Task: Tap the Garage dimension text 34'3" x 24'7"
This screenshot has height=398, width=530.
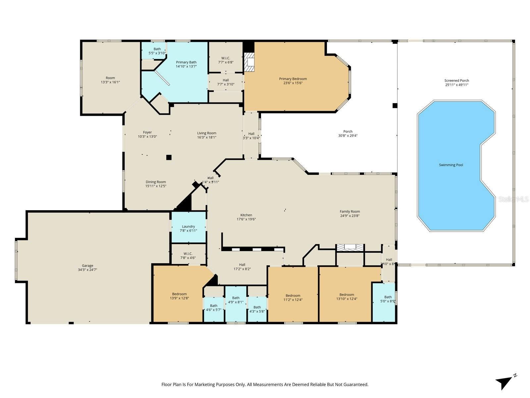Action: click(x=87, y=270)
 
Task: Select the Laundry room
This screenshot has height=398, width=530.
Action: click(x=188, y=228)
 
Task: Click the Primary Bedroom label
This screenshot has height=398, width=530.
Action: click(x=293, y=79)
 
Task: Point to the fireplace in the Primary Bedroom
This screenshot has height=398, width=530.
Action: click(x=249, y=62)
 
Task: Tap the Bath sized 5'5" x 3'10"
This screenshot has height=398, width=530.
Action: click(x=157, y=51)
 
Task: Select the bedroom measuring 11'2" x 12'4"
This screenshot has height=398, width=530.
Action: click(x=293, y=298)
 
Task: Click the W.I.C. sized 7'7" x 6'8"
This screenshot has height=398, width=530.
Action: click(x=226, y=60)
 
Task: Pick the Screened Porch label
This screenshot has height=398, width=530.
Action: click(x=456, y=80)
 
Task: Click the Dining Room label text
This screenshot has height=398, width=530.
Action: click(x=156, y=182)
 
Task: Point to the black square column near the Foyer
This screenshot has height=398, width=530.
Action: click(x=169, y=158)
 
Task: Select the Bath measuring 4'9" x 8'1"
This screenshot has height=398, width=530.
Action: click(x=236, y=300)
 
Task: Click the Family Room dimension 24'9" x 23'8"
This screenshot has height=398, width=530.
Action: click(x=349, y=216)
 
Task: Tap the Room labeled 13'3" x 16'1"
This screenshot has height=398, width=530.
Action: click(x=110, y=80)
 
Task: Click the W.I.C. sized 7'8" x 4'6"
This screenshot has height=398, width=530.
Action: click(x=188, y=256)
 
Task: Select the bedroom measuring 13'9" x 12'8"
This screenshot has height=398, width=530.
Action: click(x=179, y=296)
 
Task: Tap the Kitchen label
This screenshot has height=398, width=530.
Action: click(x=246, y=215)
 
